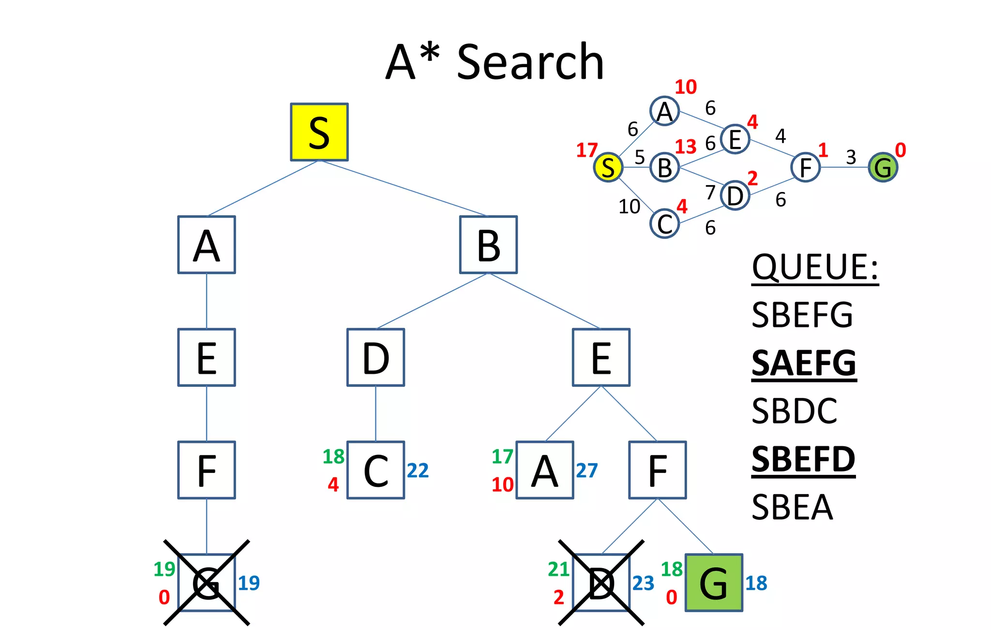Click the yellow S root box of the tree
coord(319,132)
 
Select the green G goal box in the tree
coord(714,583)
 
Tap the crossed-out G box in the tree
coord(207,583)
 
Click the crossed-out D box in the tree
coord(601,583)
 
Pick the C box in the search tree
coord(375,470)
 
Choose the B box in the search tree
coord(488,245)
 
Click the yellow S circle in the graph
coord(608,167)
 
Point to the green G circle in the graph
coord(883,167)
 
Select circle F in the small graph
coord(805,167)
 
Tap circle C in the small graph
coord(665,224)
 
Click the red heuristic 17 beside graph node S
coord(586,150)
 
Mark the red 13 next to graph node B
coord(685,147)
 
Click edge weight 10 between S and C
coord(629,207)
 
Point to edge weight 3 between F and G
coord(851,157)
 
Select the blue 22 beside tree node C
coord(418,470)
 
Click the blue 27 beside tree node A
coord(586,470)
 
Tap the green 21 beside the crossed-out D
coord(558,569)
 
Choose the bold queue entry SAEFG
coord(804,364)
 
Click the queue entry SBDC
coord(794,411)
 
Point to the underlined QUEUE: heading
coord(815,267)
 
